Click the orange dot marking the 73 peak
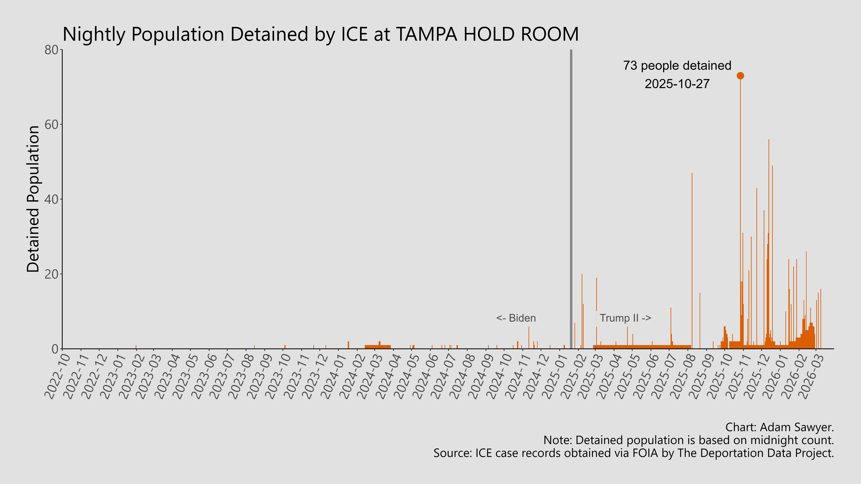pyautogui.click(x=740, y=76)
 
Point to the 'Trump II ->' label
pyautogui.click(x=625, y=318)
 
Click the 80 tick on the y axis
pyautogui.click(x=52, y=50)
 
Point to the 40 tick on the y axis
pyautogui.click(x=52, y=199)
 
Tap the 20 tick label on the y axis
pyautogui.click(x=52, y=274)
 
